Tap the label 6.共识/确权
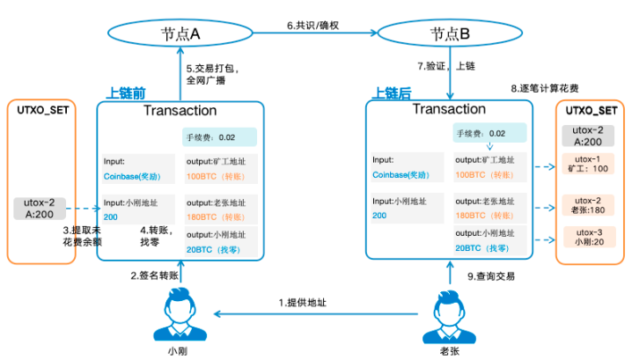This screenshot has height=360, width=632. click(x=314, y=26)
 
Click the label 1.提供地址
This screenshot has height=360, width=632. click(x=303, y=302)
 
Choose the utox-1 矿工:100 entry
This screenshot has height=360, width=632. click(x=590, y=164)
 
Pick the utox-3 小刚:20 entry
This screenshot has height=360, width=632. click(x=590, y=237)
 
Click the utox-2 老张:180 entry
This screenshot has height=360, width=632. click(x=590, y=203)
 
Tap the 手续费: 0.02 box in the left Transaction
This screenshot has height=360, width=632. click(x=219, y=137)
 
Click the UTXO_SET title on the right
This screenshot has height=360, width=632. click(x=590, y=111)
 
